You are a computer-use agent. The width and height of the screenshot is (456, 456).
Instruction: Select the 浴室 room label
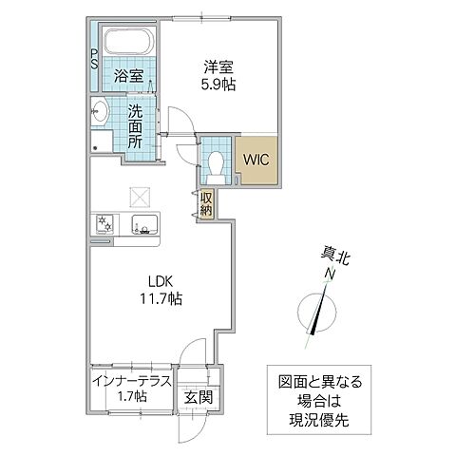(x=128, y=75)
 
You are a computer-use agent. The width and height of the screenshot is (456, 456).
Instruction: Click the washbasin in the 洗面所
(x=103, y=111)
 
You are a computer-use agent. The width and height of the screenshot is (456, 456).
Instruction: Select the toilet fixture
(x=216, y=161)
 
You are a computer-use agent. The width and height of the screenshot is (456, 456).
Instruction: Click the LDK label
(x=159, y=281)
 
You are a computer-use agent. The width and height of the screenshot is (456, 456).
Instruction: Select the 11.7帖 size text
(x=159, y=299)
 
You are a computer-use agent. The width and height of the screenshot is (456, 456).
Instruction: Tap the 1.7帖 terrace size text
(x=133, y=396)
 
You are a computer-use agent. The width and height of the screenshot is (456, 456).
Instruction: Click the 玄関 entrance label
(x=198, y=396)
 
